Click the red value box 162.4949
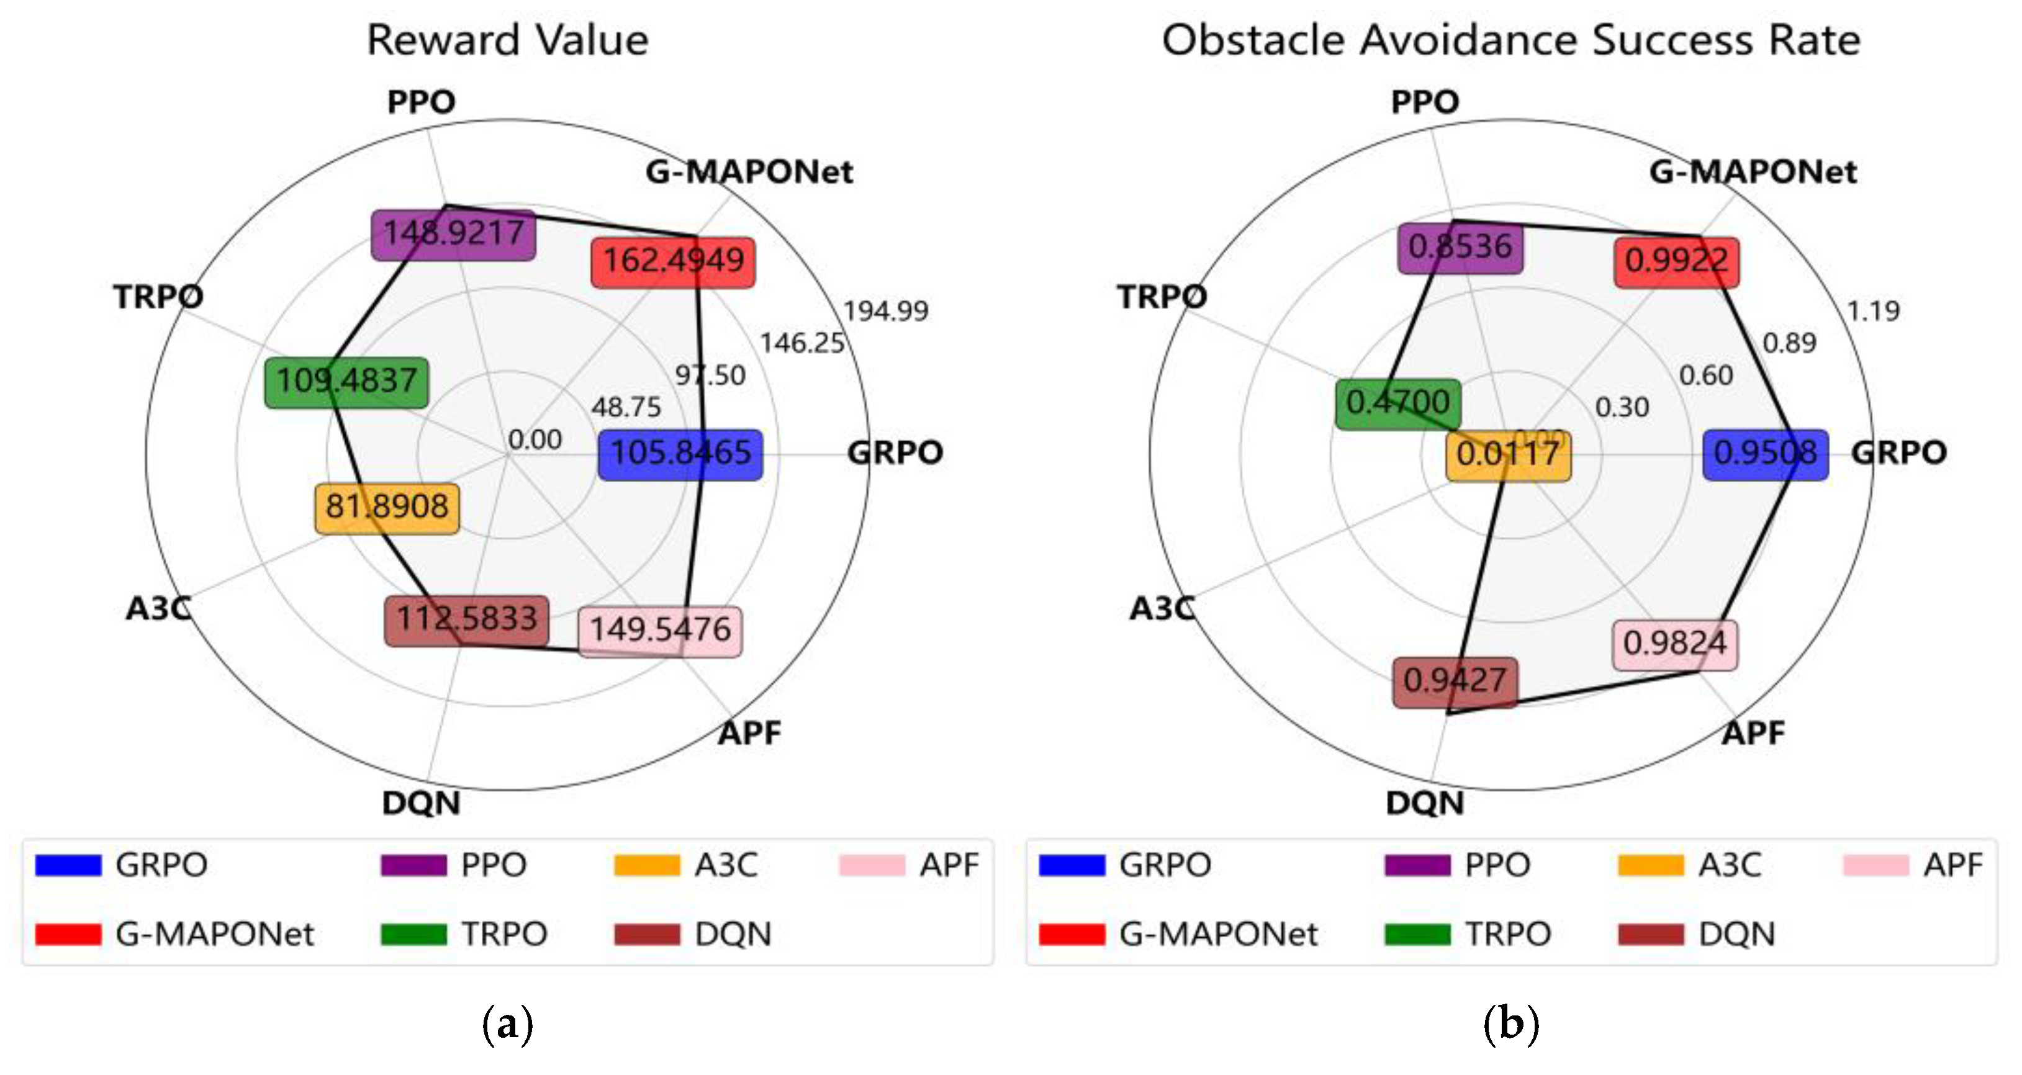[673, 262]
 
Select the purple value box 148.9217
[453, 234]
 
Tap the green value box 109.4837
[346, 382]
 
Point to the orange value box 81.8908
[387, 508]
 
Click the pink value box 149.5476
[659, 631]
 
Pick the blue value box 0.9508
[1764, 454]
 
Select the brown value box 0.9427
[1455, 681]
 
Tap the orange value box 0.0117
[1508, 455]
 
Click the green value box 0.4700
[1398, 404]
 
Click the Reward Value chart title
[508, 41]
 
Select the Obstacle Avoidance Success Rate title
[1511, 41]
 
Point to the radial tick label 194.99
[885, 312]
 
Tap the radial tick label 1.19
[1873, 312]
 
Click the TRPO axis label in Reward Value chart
[158, 297]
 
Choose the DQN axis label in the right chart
[1425, 804]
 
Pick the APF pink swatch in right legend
[1875, 865]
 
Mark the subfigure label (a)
[507, 1025]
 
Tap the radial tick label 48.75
[626, 408]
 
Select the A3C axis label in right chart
[1162, 609]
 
